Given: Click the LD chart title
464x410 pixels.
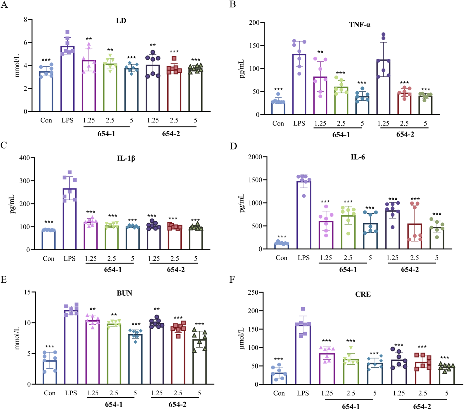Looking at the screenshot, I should pyautogui.click(x=121, y=21).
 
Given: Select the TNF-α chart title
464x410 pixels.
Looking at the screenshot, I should pyautogui.click(x=360, y=25).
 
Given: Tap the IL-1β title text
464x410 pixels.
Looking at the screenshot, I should pyautogui.click(x=126, y=158).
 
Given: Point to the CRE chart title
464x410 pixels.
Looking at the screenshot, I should pyautogui.click(x=363, y=294).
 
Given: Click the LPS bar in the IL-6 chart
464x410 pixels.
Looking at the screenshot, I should pyautogui.click(x=304, y=215).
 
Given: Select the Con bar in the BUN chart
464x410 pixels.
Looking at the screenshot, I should pyautogui.click(x=50, y=372).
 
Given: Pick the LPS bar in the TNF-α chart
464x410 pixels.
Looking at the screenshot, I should pyautogui.click(x=299, y=84).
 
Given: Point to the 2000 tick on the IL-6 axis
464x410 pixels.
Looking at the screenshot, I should pyautogui.click(x=255, y=157).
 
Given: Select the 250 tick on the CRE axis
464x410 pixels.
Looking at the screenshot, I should pyautogui.click(x=253, y=292).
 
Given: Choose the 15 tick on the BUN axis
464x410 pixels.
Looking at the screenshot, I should pyautogui.click(x=27, y=292).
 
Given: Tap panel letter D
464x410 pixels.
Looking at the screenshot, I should pyautogui.click(x=233, y=146).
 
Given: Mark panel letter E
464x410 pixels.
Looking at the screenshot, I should pyautogui.click(x=3, y=279).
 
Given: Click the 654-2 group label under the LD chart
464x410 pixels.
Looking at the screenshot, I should pyautogui.click(x=171, y=134).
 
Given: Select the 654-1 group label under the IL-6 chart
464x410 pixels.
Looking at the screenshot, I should pyautogui.click(x=348, y=269).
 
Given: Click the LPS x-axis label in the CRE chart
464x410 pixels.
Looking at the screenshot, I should pyautogui.click(x=303, y=393).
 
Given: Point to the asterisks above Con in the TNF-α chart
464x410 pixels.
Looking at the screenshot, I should pyautogui.click(x=278, y=90).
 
